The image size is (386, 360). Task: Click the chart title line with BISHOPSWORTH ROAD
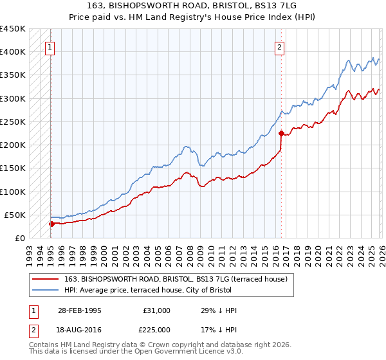tap(193, 6)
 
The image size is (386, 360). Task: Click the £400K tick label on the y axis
tap(13, 52)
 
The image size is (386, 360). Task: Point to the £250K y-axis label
tap(13, 122)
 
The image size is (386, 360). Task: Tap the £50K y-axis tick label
tap(15, 215)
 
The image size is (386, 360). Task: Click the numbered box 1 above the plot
tap(50, 46)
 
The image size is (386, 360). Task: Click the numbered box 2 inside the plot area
tap(280, 46)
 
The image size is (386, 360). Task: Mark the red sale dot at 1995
tap(52, 224)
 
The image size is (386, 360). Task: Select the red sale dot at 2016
tap(281, 134)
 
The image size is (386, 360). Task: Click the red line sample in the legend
tap(44, 278)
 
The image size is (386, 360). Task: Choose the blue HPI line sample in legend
tap(44, 290)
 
